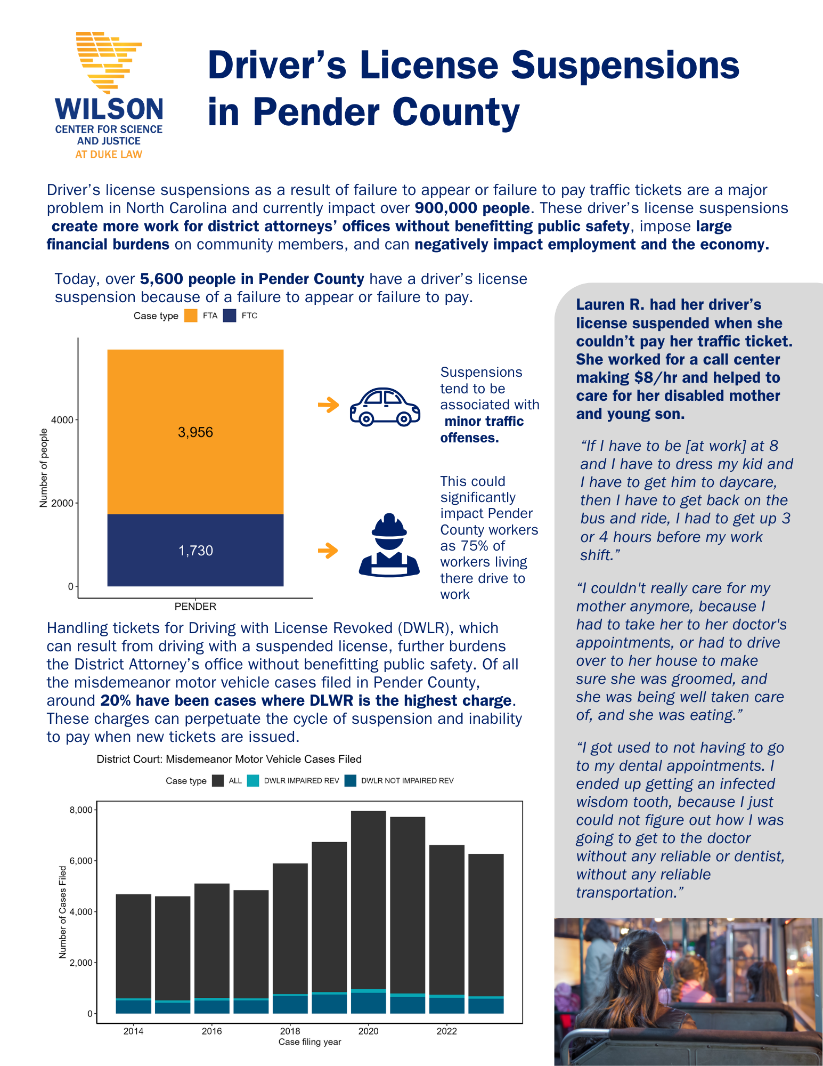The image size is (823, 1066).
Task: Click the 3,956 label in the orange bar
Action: [195, 432]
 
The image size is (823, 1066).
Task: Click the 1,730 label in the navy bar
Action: [195, 551]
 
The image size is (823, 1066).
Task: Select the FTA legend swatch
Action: [191, 316]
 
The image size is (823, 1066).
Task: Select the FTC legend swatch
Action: [230, 316]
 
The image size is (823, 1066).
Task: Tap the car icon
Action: [385, 407]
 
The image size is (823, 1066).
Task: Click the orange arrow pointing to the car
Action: [328, 405]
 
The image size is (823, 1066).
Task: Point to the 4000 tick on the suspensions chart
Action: [62, 420]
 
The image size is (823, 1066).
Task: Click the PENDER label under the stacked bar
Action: [195, 607]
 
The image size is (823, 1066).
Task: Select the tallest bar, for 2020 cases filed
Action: [368, 906]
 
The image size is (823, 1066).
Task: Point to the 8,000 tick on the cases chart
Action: [81, 810]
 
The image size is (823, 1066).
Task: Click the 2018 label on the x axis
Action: [290, 1031]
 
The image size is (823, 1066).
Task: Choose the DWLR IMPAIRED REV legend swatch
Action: [253, 781]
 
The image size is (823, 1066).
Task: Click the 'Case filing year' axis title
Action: [309, 1042]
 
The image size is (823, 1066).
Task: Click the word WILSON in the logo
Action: [109, 109]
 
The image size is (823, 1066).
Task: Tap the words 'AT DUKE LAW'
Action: [109, 155]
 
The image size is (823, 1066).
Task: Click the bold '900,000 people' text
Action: [472, 208]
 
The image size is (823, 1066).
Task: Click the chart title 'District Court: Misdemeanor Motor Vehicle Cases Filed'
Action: [229, 759]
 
